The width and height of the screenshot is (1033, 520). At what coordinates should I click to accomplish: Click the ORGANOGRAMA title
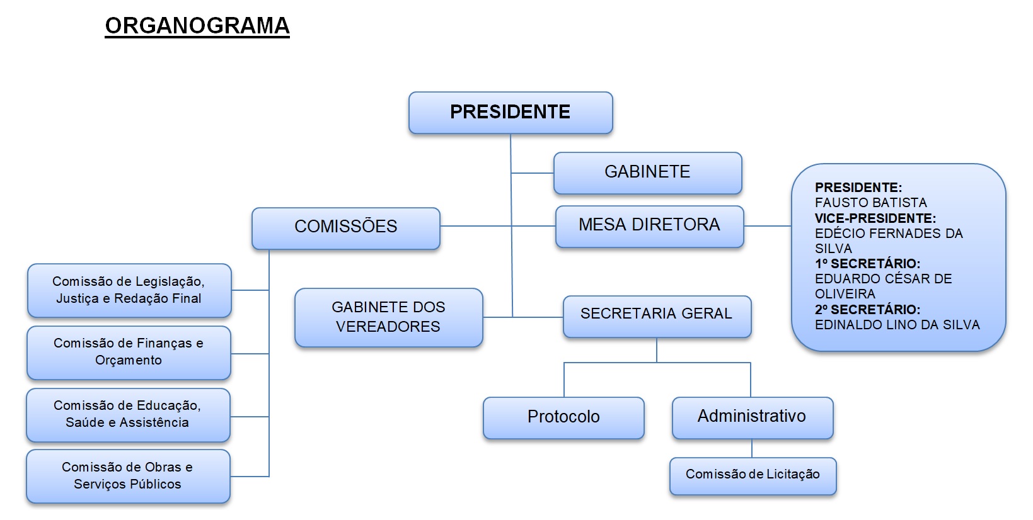(x=197, y=26)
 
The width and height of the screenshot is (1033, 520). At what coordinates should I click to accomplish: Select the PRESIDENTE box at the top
(x=511, y=113)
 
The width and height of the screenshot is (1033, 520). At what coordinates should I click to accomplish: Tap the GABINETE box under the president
(x=647, y=172)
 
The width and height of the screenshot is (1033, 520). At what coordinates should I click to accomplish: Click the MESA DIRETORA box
(x=649, y=225)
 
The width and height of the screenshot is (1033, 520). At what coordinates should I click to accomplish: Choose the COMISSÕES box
(x=345, y=227)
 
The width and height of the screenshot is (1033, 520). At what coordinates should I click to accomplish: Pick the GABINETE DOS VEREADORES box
(x=388, y=317)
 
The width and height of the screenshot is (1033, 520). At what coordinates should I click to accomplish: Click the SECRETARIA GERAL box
(x=656, y=315)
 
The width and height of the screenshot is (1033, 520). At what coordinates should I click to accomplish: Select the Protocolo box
(x=563, y=417)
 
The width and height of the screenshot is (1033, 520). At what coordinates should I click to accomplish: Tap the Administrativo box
(x=752, y=417)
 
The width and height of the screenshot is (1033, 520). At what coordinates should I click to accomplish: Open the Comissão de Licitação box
(x=753, y=475)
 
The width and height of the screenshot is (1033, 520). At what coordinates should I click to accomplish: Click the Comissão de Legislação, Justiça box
(x=129, y=290)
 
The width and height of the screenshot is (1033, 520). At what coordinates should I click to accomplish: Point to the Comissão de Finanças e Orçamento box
(x=129, y=352)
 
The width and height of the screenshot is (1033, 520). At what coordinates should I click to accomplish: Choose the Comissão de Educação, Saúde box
(x=128, y=414)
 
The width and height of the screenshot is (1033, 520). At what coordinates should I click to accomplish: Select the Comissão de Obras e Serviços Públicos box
(x=128, y=476)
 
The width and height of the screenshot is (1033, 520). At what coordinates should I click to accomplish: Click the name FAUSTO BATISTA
(x=870, y=203)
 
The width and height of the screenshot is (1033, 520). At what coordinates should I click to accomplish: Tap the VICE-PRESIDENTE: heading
(x=875, y=218)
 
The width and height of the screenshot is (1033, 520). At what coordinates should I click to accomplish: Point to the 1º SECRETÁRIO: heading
(x=867, y=264)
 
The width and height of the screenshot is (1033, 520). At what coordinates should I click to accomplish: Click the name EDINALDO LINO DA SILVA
(x=897, y=325)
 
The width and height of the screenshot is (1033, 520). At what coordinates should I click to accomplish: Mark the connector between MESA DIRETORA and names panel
(x=767, y=225)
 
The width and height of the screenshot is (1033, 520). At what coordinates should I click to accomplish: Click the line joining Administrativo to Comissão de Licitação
(x=752, y=448)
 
